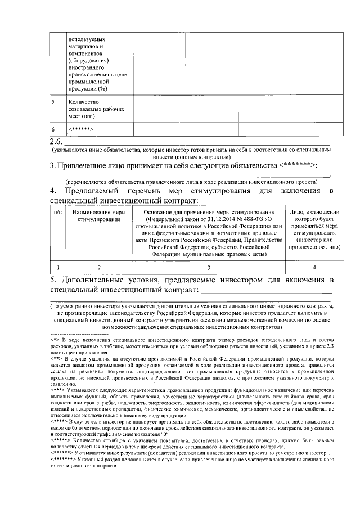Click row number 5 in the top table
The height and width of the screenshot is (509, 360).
click(53, 102)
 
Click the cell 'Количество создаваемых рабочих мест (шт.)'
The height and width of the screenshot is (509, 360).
click(91, 109)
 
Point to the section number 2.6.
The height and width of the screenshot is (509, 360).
click(56, 141)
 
